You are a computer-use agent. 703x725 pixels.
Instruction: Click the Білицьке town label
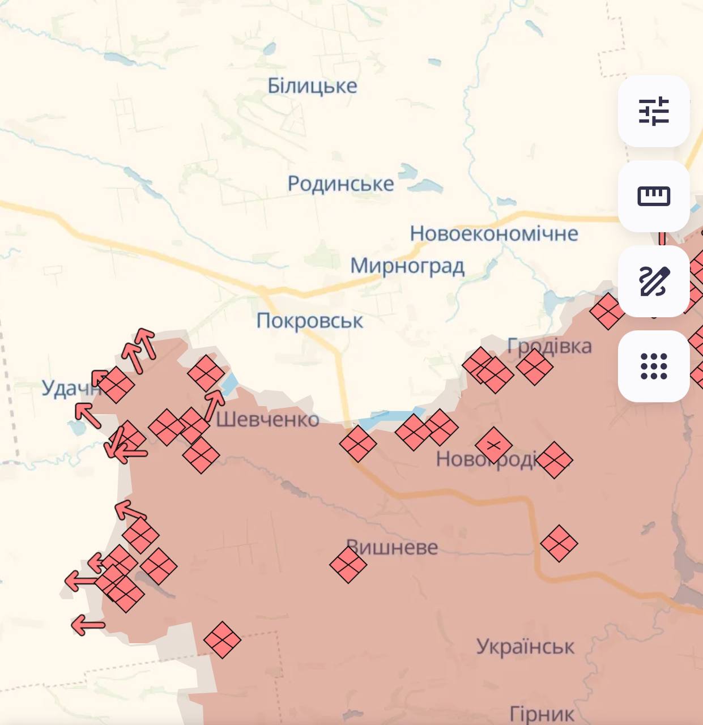tap(312, 86)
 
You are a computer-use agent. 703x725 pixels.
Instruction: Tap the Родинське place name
tap(340, 184)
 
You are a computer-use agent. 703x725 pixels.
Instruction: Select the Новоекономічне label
tap(494, 233)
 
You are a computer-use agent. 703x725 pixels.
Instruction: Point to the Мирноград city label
tap(407, 266)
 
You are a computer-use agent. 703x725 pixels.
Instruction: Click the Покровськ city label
tap(309, 321)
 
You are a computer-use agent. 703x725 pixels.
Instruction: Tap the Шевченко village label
tap(267, 420)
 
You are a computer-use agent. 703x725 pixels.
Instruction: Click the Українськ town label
tap(525, 646)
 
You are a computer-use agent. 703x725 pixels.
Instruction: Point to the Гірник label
tap(542, 714)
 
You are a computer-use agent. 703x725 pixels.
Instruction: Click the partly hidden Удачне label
tap(68, 388)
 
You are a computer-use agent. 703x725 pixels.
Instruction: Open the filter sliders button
tap(654, 111)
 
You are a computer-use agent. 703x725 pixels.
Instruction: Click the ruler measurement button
tap(654, 196)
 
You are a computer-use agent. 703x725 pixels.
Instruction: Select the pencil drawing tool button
tap(654, 281)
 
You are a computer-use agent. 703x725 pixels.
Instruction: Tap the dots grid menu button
tap(654, 366)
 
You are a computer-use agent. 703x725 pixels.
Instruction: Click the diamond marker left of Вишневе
tap(348, 565)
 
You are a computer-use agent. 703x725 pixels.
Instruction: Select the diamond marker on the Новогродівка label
tap(494, 445)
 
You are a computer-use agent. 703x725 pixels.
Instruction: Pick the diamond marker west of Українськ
tap(222, 639)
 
